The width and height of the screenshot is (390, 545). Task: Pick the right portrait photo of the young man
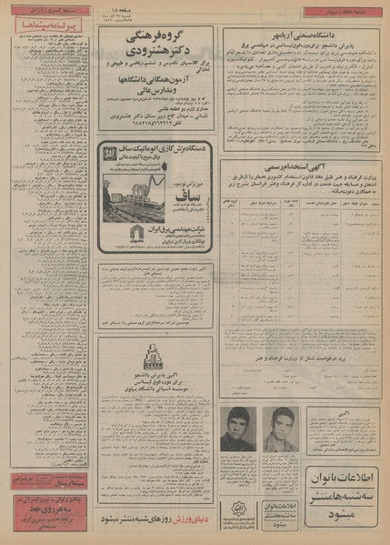(276, 427)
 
